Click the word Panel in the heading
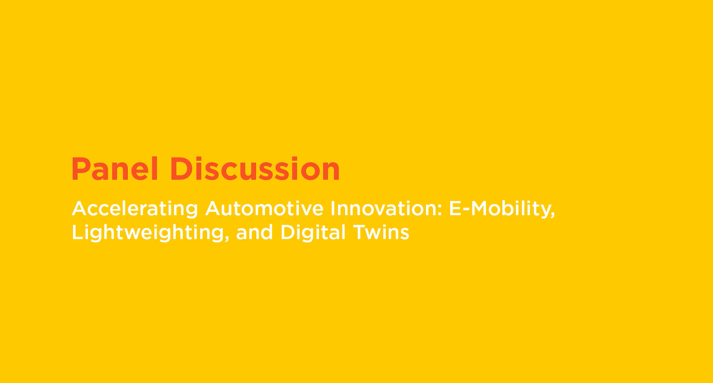pos(114,169)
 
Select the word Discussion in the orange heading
pos(255,169)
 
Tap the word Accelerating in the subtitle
pos(135,209)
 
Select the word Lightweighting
pos(148,233)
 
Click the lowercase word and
pos(255,232)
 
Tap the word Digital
pos(313,233)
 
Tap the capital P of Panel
pos(79,169)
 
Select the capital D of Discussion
pos(180,169)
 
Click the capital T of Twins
pos(360,232)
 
